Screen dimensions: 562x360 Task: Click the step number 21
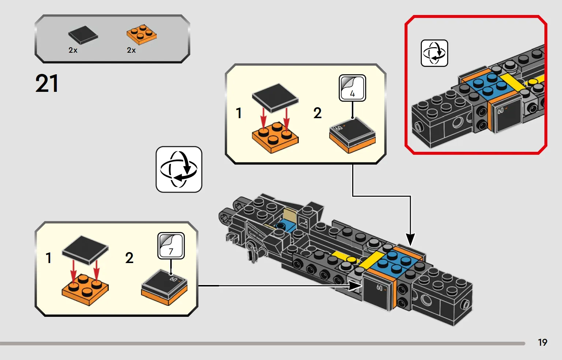[x=47, y=83]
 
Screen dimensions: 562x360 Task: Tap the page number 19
[x=543, y=342]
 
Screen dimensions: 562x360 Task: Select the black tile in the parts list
[x=83, y=35]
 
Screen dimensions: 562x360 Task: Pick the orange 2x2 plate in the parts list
[x=141, y=34]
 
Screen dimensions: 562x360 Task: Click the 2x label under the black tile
[x=73, y=50]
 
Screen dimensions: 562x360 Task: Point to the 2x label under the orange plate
[x=131, y=50]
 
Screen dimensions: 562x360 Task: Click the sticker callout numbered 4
[x=352, y=88]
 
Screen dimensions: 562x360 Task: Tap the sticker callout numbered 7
[x=171, y=246]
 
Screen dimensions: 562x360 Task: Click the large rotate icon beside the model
[x=179, y=169]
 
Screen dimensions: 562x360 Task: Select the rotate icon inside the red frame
[x=434, y=53]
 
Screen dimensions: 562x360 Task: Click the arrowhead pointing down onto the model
[x=410, y=239]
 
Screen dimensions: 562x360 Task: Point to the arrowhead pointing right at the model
[x=355, y=286]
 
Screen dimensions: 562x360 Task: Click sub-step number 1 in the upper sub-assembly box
[x=239, y=113]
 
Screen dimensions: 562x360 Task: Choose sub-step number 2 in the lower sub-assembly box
[x=129, y=258]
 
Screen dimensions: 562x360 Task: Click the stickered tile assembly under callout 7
[x=164, y=288]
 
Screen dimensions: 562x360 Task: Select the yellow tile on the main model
[x=371, y=259]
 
